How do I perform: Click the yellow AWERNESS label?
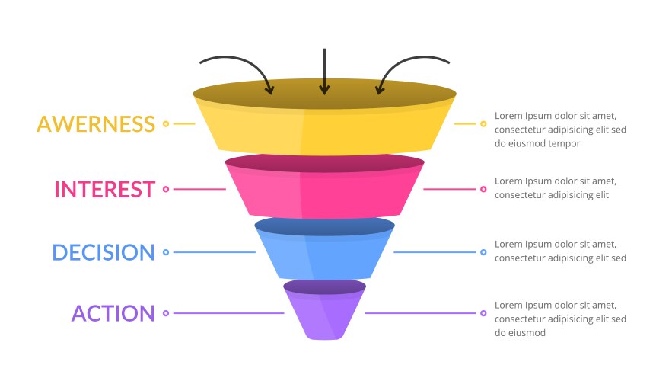(96, 123)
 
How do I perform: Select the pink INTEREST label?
(105, 189)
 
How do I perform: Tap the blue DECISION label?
(104, 252)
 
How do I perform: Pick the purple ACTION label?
(113, 313)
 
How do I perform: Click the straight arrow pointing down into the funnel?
(324, 72)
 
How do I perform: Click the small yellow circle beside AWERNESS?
(166, 123)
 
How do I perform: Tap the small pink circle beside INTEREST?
(166, 189)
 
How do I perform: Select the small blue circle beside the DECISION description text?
(483, 252)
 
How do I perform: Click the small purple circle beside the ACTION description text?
(483, 313)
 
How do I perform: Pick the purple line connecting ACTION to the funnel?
(228, 313)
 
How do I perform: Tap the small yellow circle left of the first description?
(483, 123)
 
